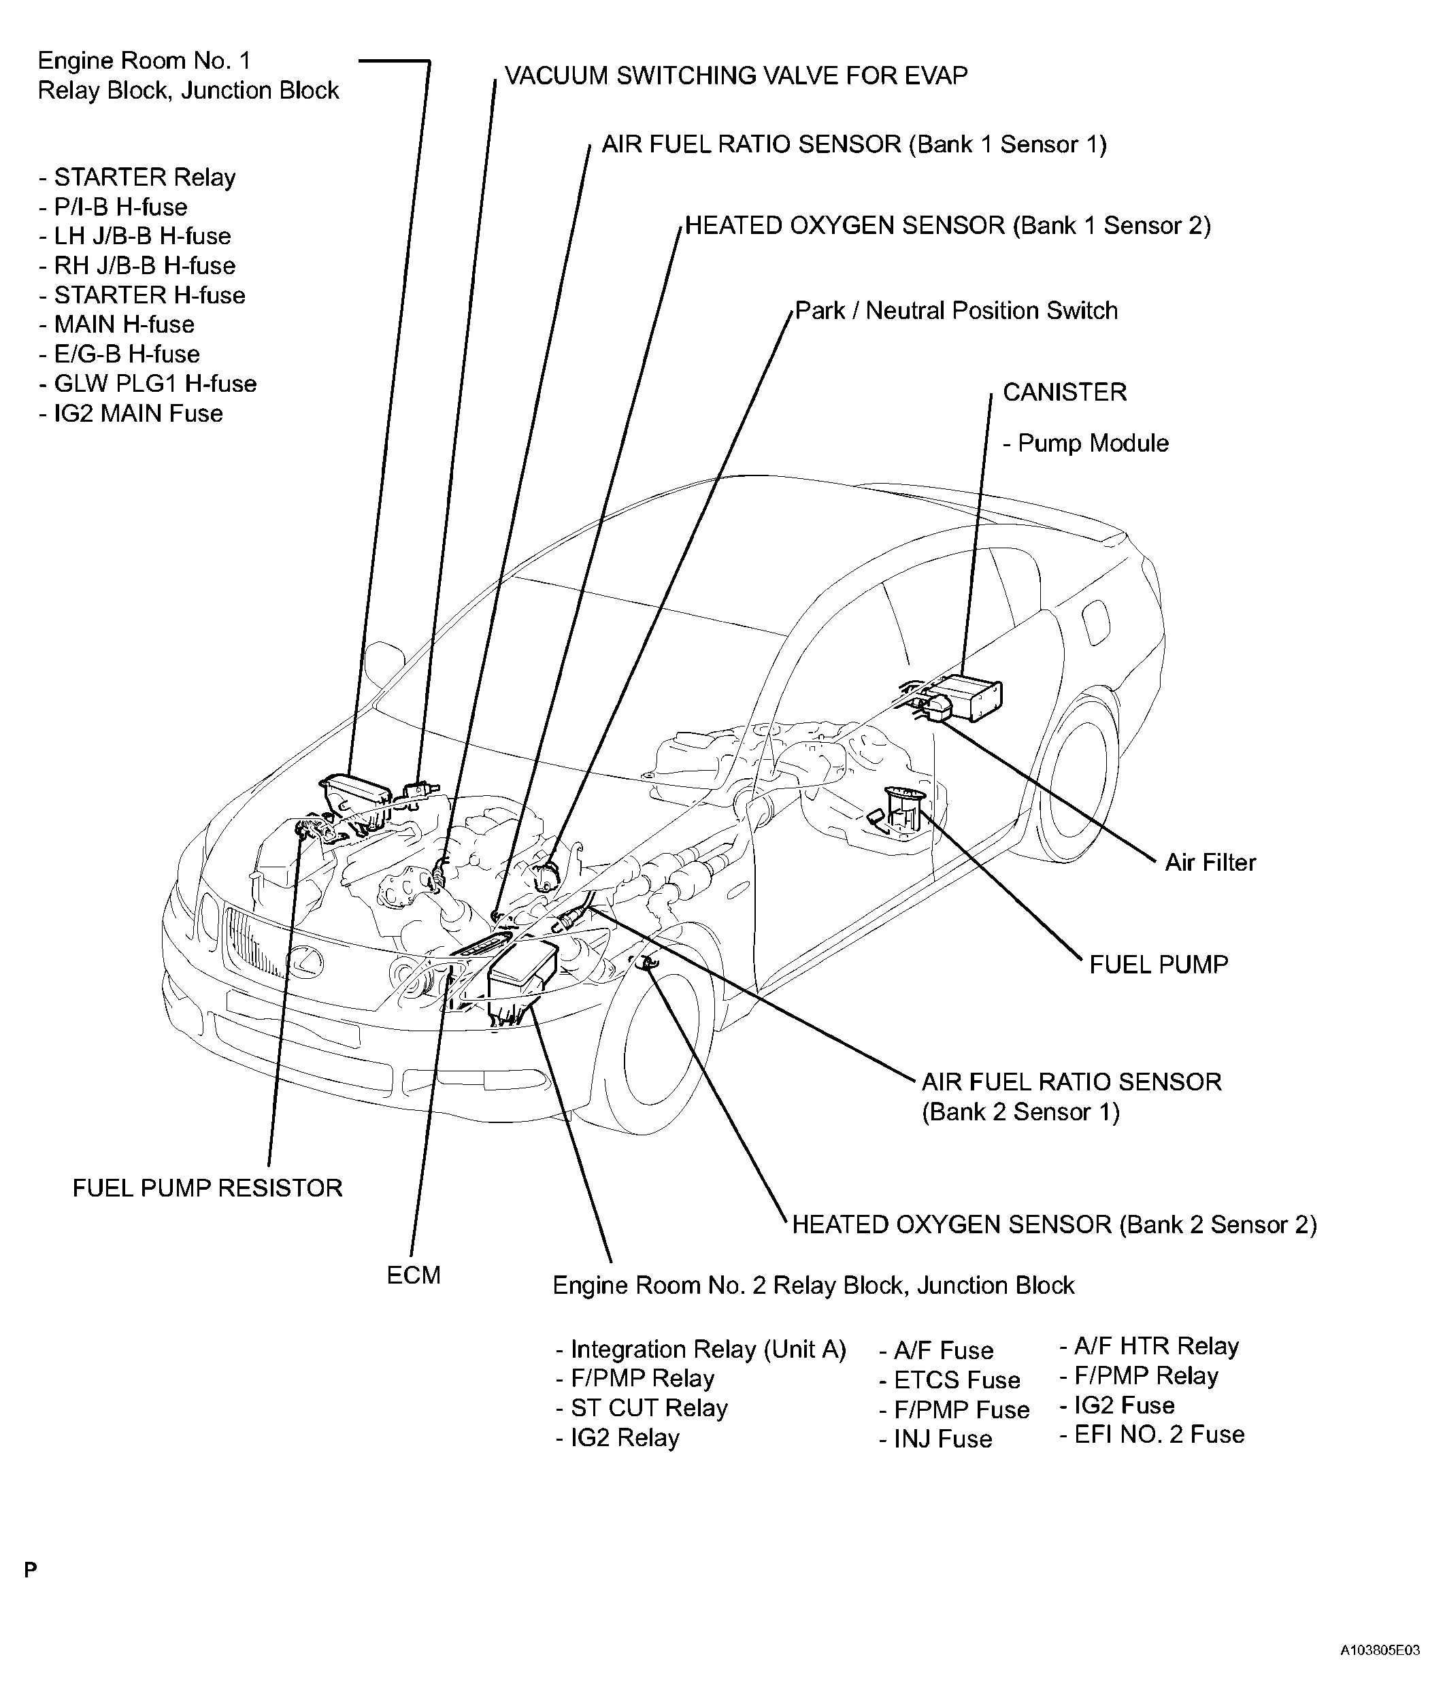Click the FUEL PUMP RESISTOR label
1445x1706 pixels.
pos(207,1188)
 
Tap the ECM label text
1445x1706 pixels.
pos(413,1275)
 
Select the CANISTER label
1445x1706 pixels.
pos(1064,392)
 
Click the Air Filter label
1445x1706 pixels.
pos(1210,863)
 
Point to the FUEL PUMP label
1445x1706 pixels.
pos(1159,965)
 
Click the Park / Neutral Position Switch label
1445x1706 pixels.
pos(956,312)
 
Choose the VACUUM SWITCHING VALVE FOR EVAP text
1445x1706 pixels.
pos(735,76)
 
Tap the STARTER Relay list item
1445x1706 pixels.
pos(144,178)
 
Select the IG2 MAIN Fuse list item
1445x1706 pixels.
pos(137,414)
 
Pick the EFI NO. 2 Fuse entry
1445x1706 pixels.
pos(1159,1434)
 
